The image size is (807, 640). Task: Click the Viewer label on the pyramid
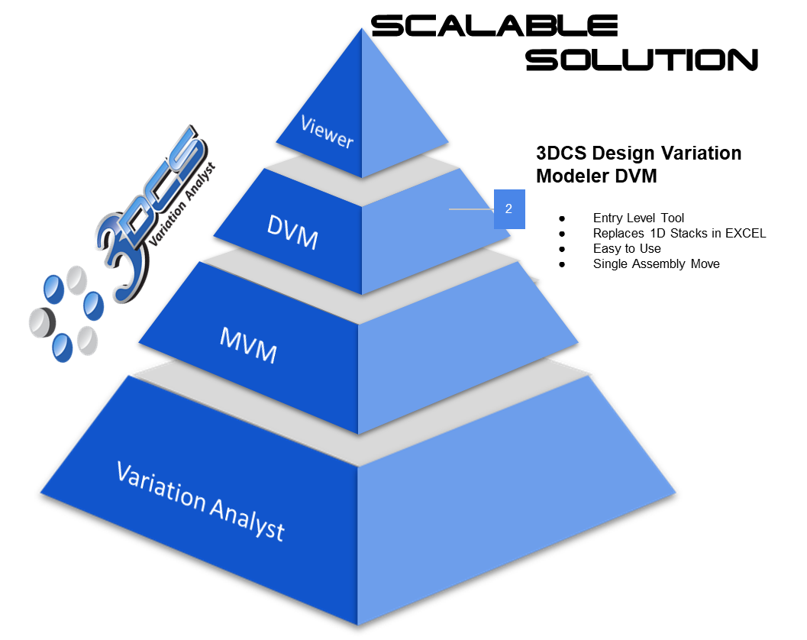327,131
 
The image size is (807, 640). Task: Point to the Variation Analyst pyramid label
200,499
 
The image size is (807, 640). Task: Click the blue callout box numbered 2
508,208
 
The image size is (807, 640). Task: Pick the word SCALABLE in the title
494,27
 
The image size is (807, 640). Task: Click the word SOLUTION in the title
641,59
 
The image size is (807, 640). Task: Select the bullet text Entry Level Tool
638,218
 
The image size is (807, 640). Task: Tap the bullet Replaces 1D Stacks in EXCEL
679,233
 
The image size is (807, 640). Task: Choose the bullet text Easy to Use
627,248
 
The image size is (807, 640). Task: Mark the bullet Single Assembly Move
656,263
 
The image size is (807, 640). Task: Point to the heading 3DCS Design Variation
638,154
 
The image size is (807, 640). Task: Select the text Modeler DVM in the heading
596,176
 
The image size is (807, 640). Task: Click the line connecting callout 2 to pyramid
471,208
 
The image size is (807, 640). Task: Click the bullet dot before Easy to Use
563,249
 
